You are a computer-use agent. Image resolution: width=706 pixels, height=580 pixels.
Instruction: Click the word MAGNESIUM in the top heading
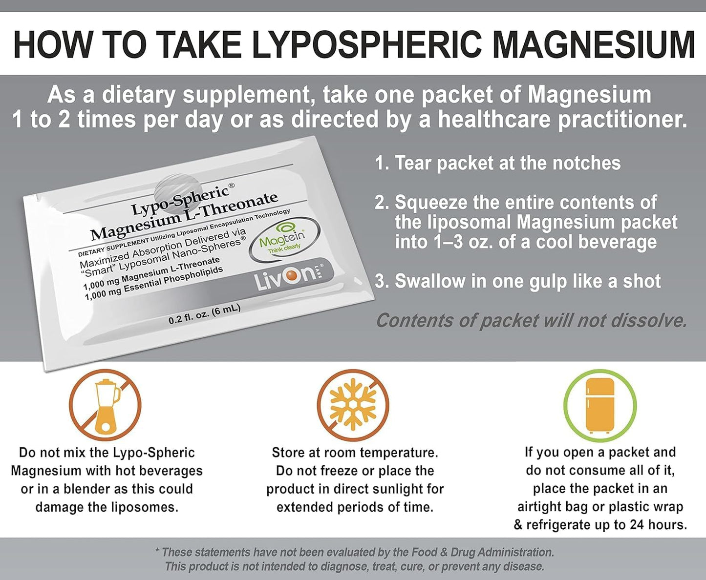pyautogui.click(x=593, y=44)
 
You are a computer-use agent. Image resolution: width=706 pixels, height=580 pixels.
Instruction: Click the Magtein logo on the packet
pyautogui.click(x=282, y=240)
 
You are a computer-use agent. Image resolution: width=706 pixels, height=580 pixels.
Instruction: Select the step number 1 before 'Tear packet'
pyautogui.click(x=382, y=163)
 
